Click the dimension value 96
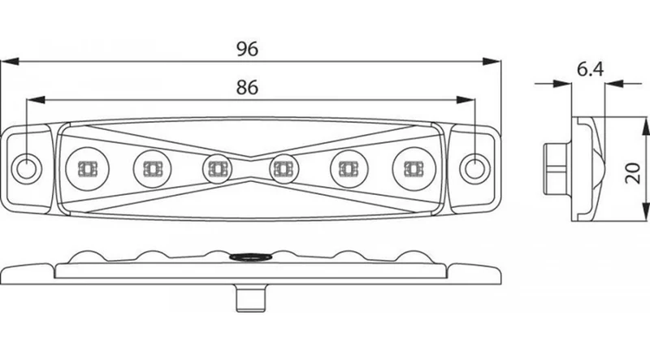pos(247,49)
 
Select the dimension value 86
pos(247,88)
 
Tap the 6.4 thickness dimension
pos(591,69)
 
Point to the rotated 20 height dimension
pos(633,173)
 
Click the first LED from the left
pos(88,169)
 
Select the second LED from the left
pos(152,169)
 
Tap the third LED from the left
pos(217,169)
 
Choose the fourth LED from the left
pos(284,169)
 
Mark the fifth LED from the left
pos(349,169)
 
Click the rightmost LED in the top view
pos(414,169)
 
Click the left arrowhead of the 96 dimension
pos(10,62)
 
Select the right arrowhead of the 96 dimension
pos(492,62)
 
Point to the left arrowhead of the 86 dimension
pos(35,99)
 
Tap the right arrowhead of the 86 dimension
pos(466,99)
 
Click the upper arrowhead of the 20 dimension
pos(645,126)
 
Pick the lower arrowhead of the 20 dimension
pos(645,211)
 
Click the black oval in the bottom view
pos(250,257)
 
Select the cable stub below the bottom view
pos(251,297)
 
